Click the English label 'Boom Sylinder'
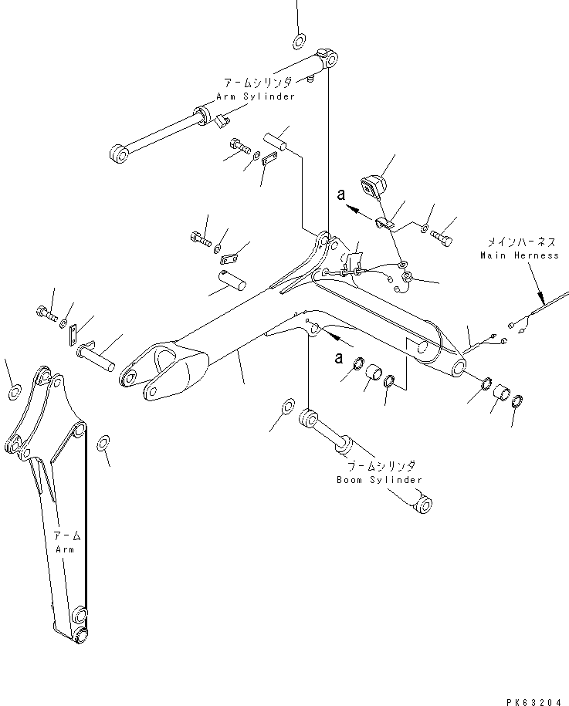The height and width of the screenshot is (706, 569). (x=379, y=480)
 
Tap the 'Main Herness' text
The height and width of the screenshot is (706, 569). (x=519, y=255)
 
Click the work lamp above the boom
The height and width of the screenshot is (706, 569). (x=373, y=185)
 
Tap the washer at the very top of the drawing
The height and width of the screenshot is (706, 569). (x=299, y=41)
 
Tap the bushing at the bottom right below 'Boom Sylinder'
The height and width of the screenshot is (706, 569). (x=421, y=506)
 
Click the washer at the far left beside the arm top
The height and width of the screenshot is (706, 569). (x=15, y=393)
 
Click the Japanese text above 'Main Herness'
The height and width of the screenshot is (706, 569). (x=515, y=242)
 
